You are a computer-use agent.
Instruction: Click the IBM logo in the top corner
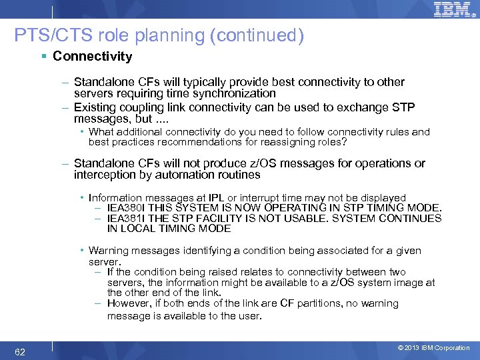pos(451,10)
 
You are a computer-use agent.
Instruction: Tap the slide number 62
pos(21,351)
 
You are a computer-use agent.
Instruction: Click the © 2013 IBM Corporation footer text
pos(433,348)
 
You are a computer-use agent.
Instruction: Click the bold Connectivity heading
pos(93,57)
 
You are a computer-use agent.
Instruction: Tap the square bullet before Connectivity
pos(43,57)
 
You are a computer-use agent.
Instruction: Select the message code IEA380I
pos(127,207)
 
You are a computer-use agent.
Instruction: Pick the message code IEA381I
pos(127,218)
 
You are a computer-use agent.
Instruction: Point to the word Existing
pos(96,107)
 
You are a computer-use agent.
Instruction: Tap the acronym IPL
pos(216,197)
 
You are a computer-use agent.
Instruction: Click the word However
pos(129,303)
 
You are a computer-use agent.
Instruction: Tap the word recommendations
pos(201,142)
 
